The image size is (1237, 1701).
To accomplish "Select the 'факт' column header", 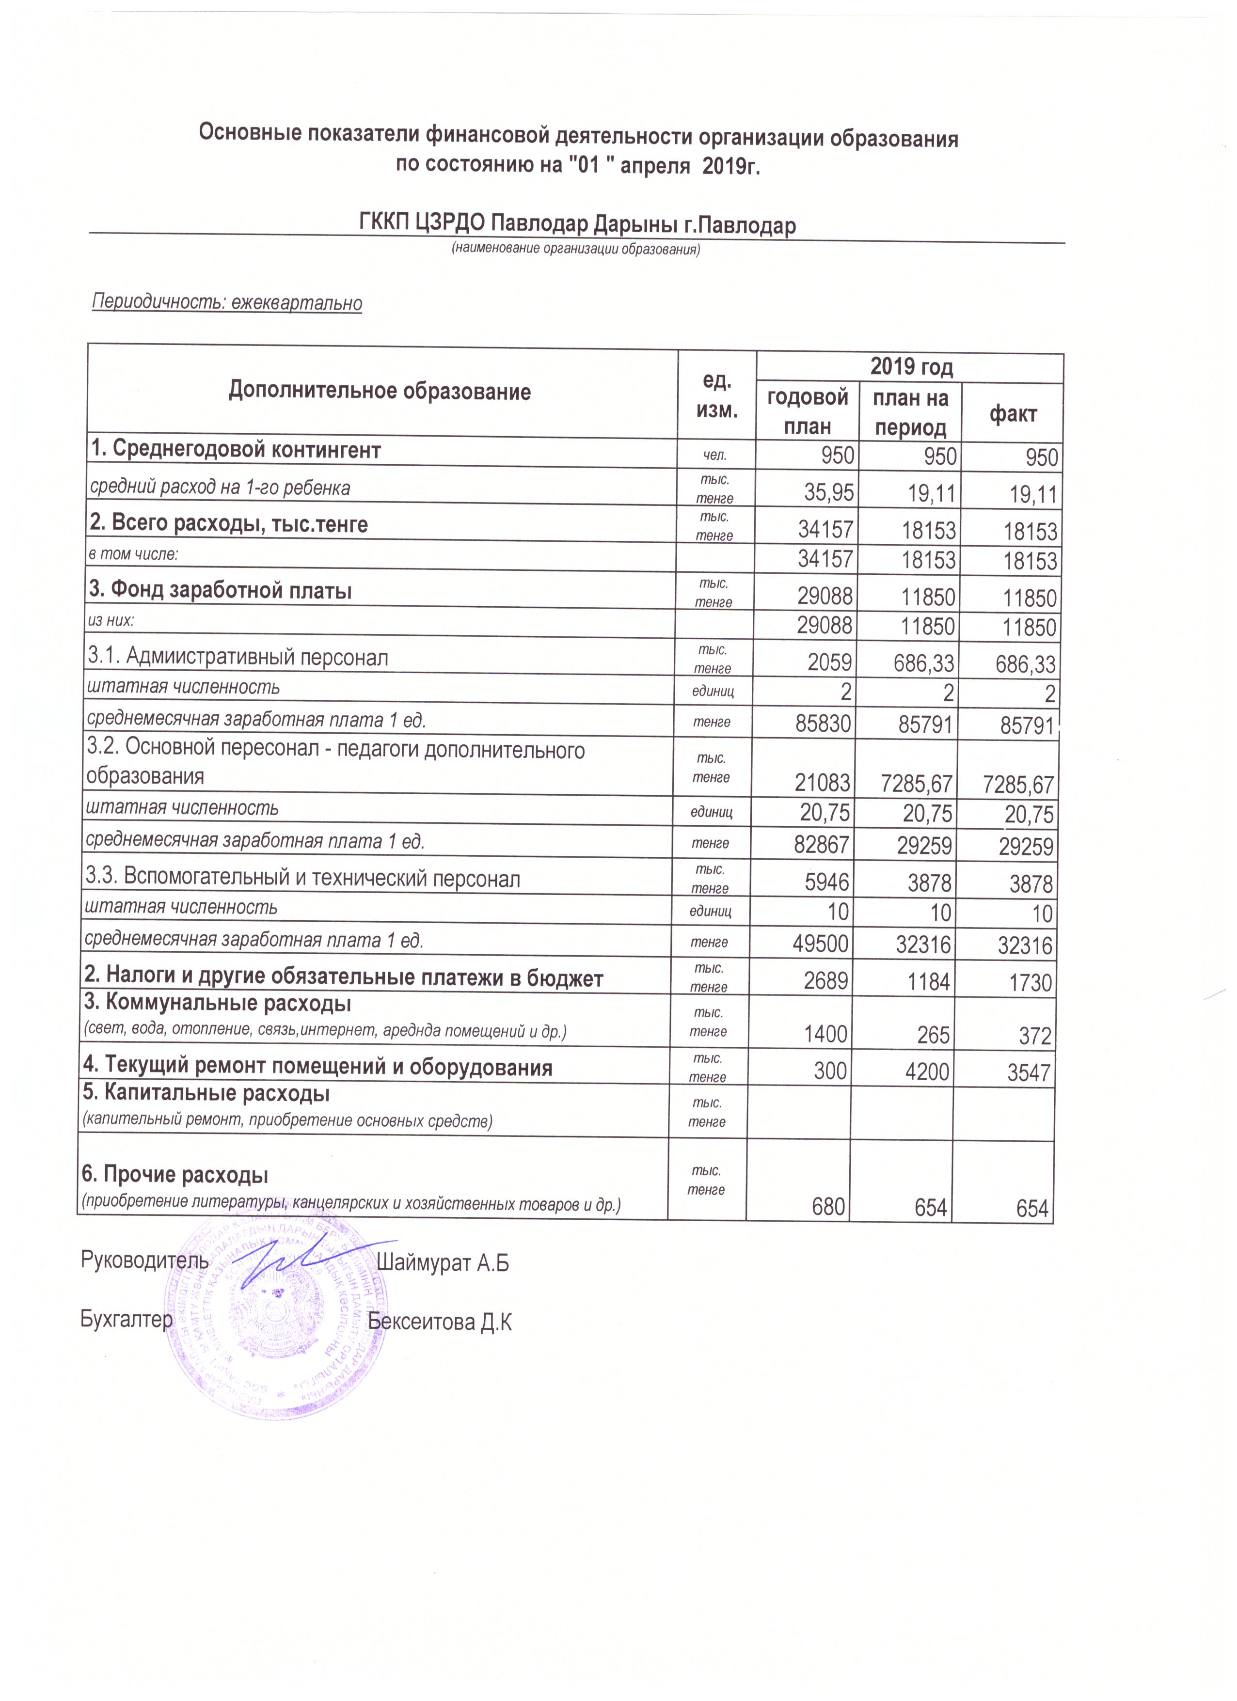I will tap(1013, 413).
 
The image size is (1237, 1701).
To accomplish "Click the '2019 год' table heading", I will tap(911, 367).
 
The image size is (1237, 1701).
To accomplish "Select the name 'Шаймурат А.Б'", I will tap(443, 1263).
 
